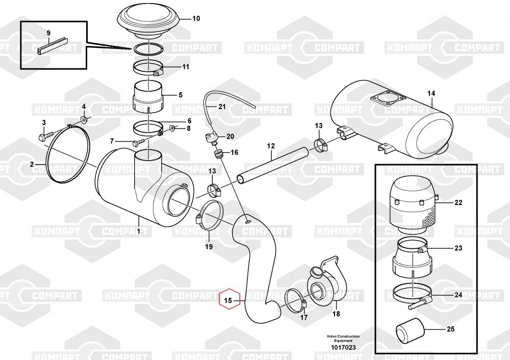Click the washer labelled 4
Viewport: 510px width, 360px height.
click(x=83, y=121)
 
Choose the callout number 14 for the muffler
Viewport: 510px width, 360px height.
click(x=431, y=93)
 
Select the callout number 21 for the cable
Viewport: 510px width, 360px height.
click(x=221, y=107)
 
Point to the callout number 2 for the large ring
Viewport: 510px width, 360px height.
click(x=32, y=164)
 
